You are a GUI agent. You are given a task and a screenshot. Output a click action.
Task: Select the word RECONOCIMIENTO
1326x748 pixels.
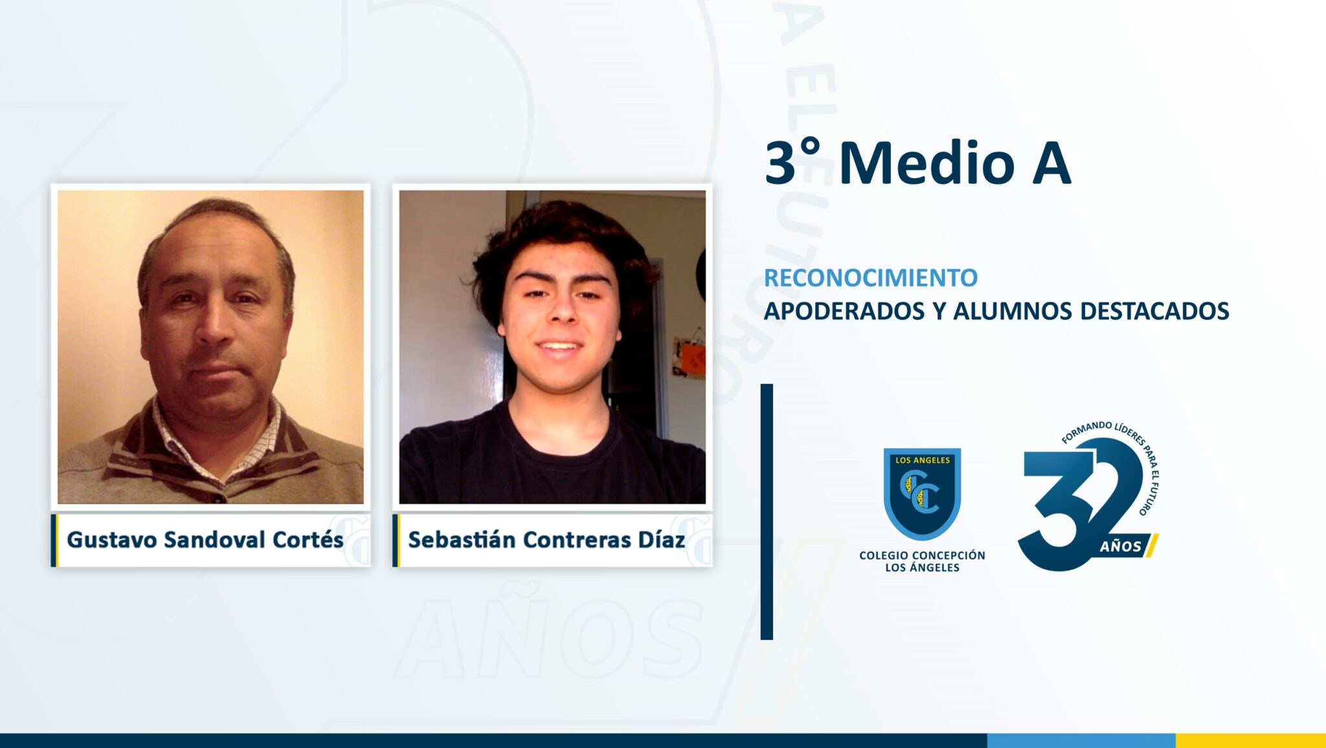point(871,278)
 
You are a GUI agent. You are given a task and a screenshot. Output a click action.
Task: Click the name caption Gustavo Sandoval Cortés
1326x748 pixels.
point(205,539)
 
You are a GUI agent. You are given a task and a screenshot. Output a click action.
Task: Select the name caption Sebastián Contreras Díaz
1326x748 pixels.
point(546,539)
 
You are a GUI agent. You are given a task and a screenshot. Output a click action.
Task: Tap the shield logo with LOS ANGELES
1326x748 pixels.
point(922,493)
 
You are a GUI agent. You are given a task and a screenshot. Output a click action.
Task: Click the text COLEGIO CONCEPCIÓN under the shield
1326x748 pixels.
point(922,555)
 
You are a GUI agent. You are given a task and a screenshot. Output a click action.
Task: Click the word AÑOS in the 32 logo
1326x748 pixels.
point(1121,546)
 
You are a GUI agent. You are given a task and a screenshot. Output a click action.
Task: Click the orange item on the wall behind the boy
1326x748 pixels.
point(692,357)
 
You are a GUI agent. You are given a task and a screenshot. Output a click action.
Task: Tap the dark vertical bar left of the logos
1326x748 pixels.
point(767,512)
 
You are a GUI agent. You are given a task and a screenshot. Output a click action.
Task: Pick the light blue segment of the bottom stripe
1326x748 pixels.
point(1081,740)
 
